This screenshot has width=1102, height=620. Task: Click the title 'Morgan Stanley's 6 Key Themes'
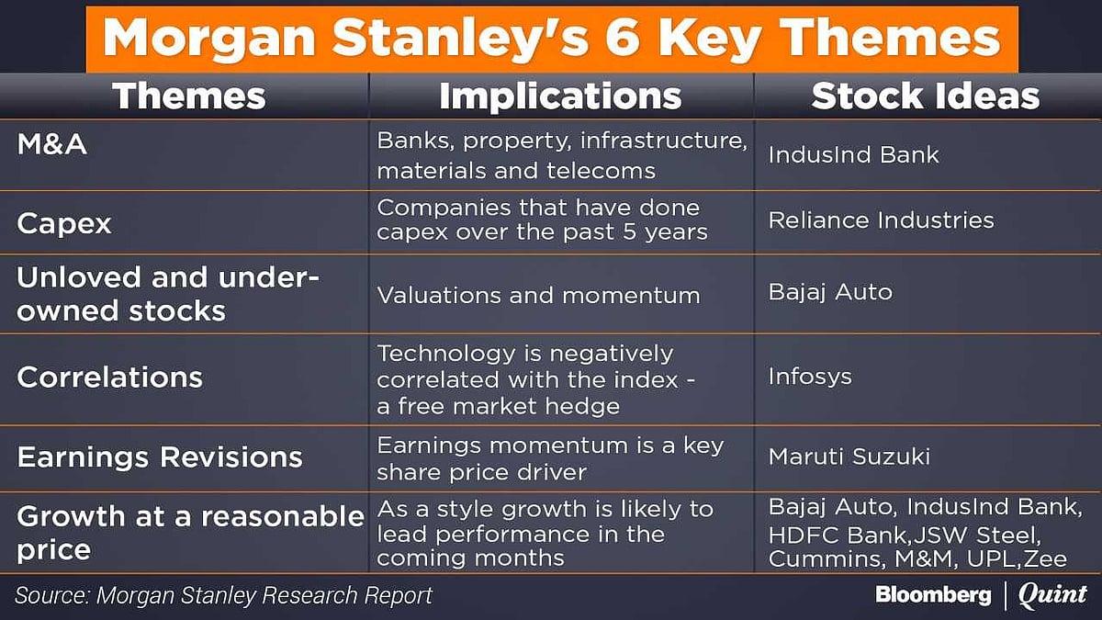point(551,38)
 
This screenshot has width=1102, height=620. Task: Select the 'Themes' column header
point(188,96)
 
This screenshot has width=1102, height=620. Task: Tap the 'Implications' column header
point(560,96)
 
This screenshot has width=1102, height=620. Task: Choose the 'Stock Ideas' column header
point(926,96)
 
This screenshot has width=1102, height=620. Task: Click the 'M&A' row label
point(51,144)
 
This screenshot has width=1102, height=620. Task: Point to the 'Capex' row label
point(64,223)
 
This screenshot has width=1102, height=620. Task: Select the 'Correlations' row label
point(109,378)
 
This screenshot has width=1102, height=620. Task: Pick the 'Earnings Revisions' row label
point(160,457)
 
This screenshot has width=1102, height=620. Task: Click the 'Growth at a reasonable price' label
point(190,533)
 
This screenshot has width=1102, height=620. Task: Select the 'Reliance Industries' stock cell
point(881,220)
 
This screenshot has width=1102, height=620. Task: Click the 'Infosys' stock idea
point(810,377)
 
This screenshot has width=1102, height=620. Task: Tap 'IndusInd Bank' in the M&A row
point(853,154)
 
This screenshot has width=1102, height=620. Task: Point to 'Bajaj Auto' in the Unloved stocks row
point(830,292)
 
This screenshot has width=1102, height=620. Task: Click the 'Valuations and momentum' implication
point(538,295)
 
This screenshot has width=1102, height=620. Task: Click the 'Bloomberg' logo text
point(933,595)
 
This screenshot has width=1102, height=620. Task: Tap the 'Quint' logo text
point(1051,595)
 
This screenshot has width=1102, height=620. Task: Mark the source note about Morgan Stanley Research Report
point(224,595)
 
